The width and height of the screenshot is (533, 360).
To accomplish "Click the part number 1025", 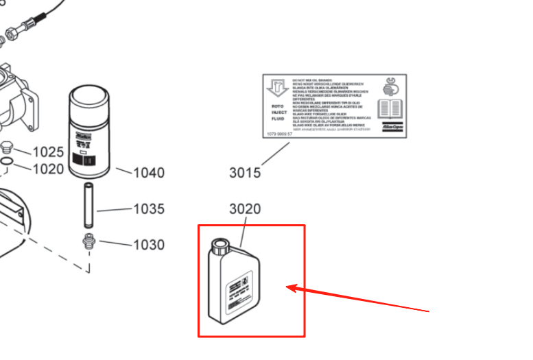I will [x=48, y=152].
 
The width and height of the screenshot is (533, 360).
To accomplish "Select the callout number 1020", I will [x=48, y=169].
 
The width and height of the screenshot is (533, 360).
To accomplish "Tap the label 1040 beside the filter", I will [x=148, y=173].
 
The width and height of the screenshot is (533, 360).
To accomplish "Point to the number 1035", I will [x=148, y=208].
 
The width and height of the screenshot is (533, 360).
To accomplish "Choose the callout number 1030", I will [x=148, y=245].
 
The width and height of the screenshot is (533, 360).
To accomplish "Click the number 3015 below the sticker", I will [x=245, y=173].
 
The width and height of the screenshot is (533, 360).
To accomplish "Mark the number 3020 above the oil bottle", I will [x=245, y=208].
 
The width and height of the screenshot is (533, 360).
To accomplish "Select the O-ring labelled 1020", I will [x=7, y=162].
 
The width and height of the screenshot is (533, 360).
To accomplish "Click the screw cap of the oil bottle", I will [x=220, y=245].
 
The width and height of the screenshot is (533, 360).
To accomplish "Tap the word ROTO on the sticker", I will [x=278, y=107].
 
